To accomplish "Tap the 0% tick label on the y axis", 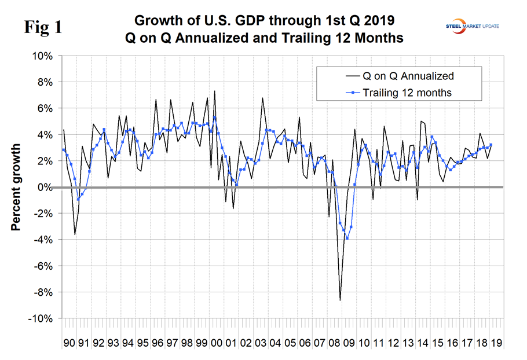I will [x=45, y=188].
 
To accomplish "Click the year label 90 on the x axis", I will [x=69, y=343].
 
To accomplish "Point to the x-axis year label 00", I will [x=216, y=343].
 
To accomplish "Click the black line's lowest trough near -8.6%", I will [x=340, y=300].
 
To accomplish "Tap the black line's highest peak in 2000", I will [x=215, y=91].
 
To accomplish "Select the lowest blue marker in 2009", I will [x=347, y=238].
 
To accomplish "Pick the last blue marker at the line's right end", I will [x=491, y=145].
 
